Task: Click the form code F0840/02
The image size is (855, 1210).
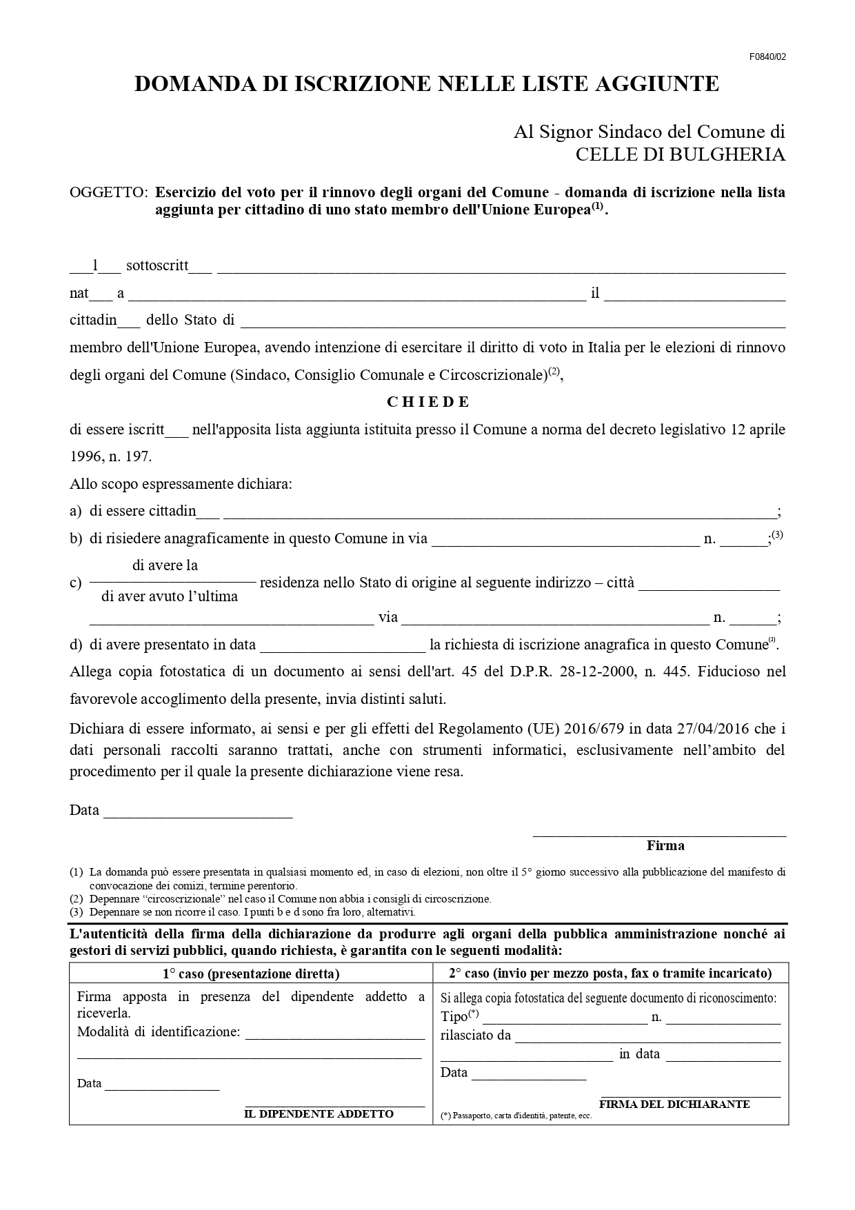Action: click(x=767, y=57)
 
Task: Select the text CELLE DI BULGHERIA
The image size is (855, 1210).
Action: click(x=680, y=154)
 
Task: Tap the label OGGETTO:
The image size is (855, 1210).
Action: click(x=108, y=193)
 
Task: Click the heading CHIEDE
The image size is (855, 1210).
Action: click(x=428, y=402)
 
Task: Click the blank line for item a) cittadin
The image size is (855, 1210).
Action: click(x=499, y=513)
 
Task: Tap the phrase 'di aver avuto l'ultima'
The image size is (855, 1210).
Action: click(x=170, y=596)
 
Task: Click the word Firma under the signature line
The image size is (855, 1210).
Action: click(x=665, y=845)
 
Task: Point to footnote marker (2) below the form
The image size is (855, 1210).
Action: click(x=76, y=899)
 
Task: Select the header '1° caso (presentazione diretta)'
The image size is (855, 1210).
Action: click(x=251, y=974)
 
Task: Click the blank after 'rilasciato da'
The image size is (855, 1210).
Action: click(x=647, y=1037)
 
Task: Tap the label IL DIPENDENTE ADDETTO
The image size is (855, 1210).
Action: click(x=319, y=1114)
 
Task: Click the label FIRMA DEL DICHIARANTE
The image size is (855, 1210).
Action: click(x=674, y=1104)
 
